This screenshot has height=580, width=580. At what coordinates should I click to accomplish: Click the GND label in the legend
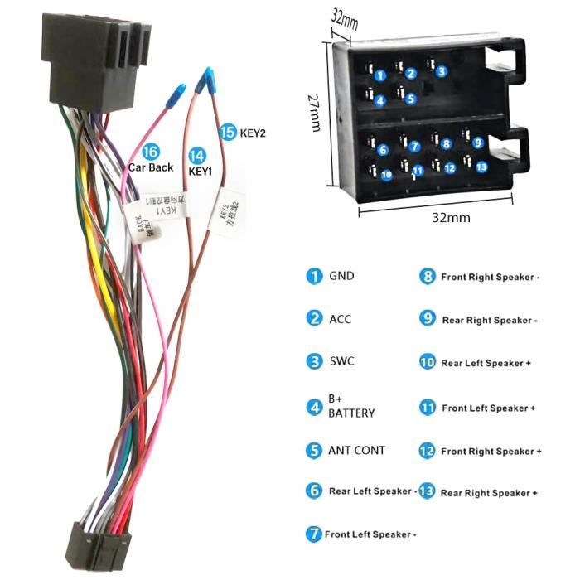341,276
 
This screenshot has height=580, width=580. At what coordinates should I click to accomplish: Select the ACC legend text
341,318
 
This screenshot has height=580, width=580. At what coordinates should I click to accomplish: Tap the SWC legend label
341,361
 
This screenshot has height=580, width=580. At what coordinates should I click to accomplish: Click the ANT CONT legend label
357,451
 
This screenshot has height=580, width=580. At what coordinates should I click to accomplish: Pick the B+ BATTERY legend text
351,407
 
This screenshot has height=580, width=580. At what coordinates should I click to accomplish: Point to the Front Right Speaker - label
490,277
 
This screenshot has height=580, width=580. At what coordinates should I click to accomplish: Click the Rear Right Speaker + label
489,493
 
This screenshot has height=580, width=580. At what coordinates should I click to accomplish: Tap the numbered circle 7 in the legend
313,534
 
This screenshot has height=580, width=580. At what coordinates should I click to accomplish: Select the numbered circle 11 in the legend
428,408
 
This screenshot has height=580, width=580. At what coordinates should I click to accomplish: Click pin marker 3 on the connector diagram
442,71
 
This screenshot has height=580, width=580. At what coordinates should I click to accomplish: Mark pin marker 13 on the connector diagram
481,166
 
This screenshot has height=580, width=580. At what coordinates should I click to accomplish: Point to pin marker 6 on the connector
383,150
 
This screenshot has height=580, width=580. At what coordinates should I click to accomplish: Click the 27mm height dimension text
315,111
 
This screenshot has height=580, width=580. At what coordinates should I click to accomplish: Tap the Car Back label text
150,167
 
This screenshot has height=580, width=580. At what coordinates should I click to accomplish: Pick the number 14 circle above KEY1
196,155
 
